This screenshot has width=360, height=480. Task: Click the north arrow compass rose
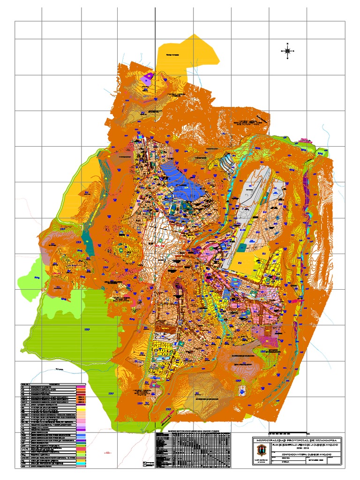pyautogui.click(x=287, y=51)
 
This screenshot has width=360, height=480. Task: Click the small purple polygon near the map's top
pyautogui.click(x=149, y=76)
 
